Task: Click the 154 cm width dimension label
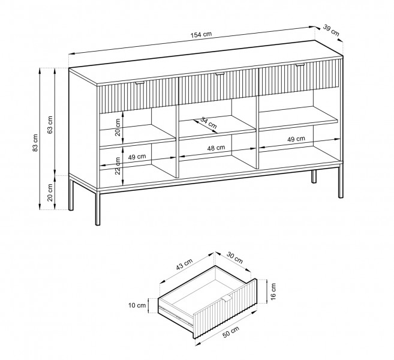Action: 201,34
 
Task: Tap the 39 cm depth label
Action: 331,30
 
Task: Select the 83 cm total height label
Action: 35,143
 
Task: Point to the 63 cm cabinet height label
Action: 50,125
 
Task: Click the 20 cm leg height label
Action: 50,193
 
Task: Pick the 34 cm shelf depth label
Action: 209,122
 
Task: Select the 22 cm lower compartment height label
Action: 118,166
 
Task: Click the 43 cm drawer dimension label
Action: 184,264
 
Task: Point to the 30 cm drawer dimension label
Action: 234,257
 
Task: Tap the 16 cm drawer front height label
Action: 273,292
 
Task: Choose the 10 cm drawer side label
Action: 137,305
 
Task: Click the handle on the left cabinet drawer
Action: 140,83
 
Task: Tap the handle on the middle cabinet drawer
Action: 219,74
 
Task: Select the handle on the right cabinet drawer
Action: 300,65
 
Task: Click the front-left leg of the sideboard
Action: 98,208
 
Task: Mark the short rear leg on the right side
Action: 314,176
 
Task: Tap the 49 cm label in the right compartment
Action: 296,139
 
